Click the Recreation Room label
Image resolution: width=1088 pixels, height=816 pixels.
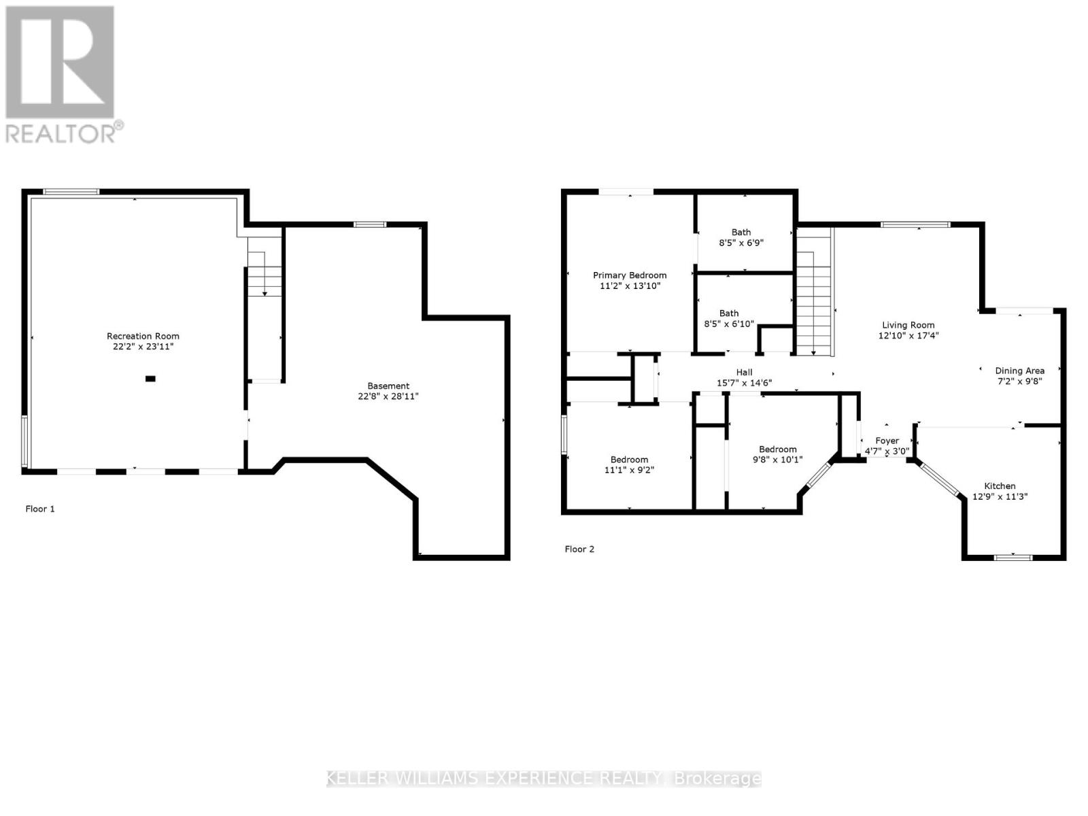pos(143,336)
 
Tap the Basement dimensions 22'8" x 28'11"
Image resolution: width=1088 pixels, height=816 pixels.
pos(388,396)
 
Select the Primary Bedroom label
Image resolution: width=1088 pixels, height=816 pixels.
pos(630,275)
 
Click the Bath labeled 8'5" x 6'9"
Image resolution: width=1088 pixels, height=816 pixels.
pos(741,237)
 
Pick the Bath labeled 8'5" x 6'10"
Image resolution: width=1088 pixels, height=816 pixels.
pos(729,318)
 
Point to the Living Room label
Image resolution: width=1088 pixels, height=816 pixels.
pos(908,325)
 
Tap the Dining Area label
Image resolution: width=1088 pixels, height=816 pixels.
pos(1019,371)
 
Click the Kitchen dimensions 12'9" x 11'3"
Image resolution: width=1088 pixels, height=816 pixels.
pos(1000,496)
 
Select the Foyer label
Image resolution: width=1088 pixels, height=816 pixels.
pos(887,441)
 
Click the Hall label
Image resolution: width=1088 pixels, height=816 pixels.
pos(744,372)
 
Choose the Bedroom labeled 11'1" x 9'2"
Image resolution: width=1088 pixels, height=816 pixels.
pos(629,464)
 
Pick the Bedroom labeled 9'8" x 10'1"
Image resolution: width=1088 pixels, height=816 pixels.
pos(777,454)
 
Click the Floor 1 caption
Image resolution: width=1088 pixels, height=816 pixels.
pos(40,509)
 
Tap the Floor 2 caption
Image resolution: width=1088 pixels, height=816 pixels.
pos(579,549)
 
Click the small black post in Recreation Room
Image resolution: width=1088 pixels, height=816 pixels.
pos(150,379)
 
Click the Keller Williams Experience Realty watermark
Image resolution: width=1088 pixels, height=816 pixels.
pos(544,779)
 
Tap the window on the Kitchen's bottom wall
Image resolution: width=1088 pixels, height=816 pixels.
pos(1013,558)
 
